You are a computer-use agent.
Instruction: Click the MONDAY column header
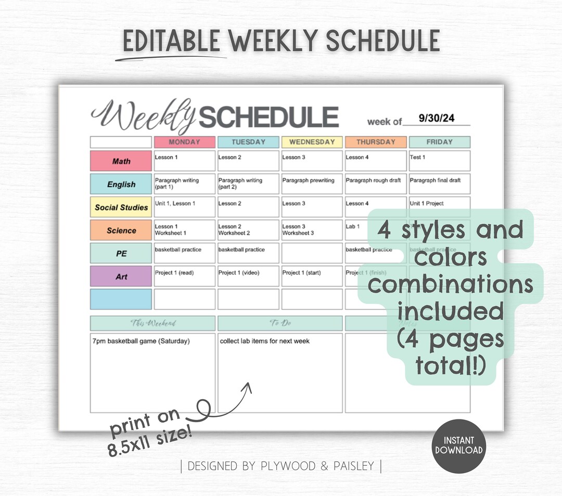[184, 142]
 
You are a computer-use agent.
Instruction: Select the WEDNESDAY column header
[312, 142]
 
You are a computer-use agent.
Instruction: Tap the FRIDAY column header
[439, 142]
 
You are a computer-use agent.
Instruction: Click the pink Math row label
[121, 161]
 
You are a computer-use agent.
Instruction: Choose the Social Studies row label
[121, 207]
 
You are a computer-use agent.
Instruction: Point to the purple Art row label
[121, 276]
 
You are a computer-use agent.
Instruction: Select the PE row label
[121, 253]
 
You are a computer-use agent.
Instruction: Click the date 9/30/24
[437, 119]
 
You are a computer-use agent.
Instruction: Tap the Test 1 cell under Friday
[439, 161]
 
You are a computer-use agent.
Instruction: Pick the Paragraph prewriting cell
[312, 184]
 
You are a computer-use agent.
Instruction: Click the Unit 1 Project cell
[439, 207]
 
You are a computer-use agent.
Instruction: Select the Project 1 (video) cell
[248, 276]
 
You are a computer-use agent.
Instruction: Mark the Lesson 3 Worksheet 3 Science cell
[312, 230]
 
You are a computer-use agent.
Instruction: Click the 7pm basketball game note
[141, 341]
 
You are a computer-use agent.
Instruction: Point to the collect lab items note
[265, 341]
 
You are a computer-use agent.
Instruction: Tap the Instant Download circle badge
[458, 446]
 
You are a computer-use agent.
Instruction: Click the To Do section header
[280, 323]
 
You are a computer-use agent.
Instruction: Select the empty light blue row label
[121, 299]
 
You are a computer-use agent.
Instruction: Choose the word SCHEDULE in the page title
[269, 118]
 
